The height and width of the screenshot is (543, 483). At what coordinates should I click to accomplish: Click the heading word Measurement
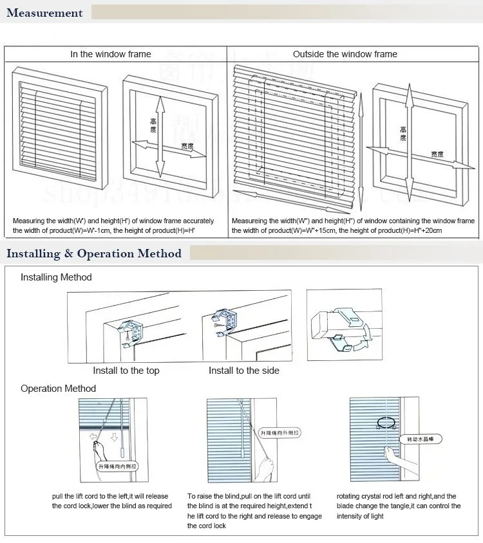(x=45, y=13)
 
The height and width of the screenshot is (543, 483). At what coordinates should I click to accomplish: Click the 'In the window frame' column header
(x=111, y=54)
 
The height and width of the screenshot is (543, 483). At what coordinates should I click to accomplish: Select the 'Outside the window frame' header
(x=345, y=54)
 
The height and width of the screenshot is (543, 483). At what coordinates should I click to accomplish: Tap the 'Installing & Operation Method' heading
(x=94, y=253)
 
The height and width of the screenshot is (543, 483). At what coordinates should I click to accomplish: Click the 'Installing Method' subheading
(x=56, y=277)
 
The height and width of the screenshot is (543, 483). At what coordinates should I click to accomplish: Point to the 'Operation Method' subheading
(x=58, y=389)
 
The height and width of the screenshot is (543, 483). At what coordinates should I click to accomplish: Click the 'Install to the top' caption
(x=126, y=371)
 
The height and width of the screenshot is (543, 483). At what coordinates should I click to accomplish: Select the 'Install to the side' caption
(x=244, y=371)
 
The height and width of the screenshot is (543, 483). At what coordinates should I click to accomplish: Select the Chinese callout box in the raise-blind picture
(x=280, y=434)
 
